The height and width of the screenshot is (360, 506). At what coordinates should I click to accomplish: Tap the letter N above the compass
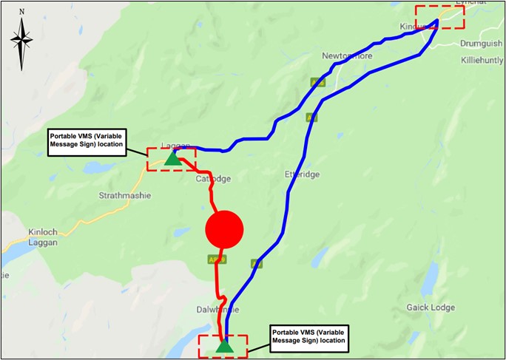tap(22, 12)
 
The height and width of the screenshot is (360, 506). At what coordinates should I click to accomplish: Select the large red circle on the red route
tap(223, 229)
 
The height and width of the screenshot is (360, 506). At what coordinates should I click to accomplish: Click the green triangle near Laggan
tap(172, 157)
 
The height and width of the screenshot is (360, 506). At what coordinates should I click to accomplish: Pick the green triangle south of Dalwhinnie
tap(224, 345)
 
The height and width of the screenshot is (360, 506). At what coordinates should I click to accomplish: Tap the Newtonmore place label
tap(347, 56)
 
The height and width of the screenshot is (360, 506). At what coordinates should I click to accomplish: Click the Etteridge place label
tap(301, 174)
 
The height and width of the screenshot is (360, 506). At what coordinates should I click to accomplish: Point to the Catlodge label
tap(214, 180)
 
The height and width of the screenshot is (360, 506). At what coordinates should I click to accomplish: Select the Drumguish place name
tap(480, 43)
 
